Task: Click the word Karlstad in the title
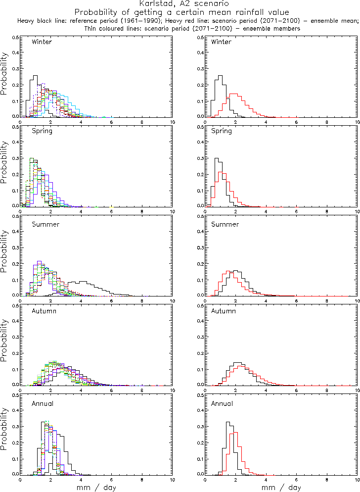tap(154, 3)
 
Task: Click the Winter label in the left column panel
tap(42, 42)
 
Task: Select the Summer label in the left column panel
tap(45, 224)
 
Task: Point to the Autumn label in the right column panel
tap(224, 311)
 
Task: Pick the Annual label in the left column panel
tap(43, 403)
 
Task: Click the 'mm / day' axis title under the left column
tap(96, 488)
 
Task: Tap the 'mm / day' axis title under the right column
tap(281, 488)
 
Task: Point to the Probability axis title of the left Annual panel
tap(4, 435)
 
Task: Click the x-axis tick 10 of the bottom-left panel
tap(172, 479)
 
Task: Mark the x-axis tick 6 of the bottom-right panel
tap(296, 479)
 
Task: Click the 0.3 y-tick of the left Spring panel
tap(16, 159)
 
